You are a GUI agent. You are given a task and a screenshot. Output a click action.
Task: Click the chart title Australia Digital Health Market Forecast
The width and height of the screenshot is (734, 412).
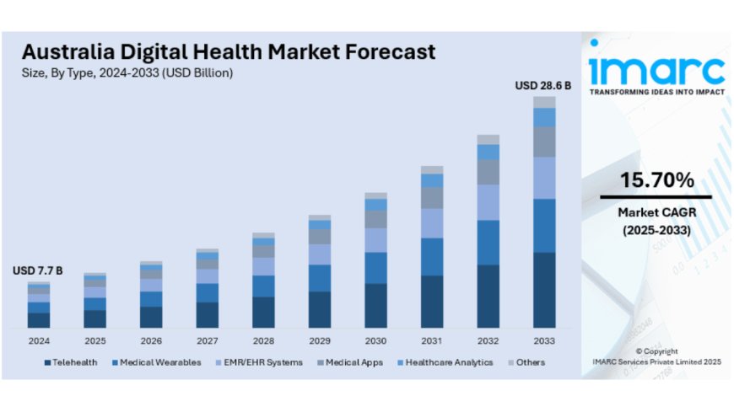229,51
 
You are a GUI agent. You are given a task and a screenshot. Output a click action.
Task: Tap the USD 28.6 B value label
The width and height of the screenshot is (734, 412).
543,85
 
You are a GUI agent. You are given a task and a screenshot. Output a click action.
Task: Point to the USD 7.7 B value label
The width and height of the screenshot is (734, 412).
38,270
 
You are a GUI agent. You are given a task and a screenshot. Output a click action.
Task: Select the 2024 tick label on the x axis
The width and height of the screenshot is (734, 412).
39,340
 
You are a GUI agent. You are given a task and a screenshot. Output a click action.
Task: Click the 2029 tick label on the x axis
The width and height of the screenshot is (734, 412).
320,340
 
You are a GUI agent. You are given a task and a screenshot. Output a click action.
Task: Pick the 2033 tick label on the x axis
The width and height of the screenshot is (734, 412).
544,340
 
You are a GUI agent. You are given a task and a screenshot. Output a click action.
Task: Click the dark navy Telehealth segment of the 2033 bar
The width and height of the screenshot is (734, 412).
544,290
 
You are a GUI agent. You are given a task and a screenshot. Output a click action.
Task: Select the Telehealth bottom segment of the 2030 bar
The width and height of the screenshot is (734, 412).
376,305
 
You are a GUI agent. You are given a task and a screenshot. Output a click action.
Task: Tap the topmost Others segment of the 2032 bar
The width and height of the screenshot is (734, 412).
488,139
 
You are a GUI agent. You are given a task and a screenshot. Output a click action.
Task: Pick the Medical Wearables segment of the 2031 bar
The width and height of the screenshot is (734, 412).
432,256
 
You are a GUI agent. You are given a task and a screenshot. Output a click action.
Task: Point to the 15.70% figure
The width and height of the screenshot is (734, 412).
656,179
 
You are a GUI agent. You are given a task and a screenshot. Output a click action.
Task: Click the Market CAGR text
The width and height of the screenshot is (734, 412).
656,212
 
